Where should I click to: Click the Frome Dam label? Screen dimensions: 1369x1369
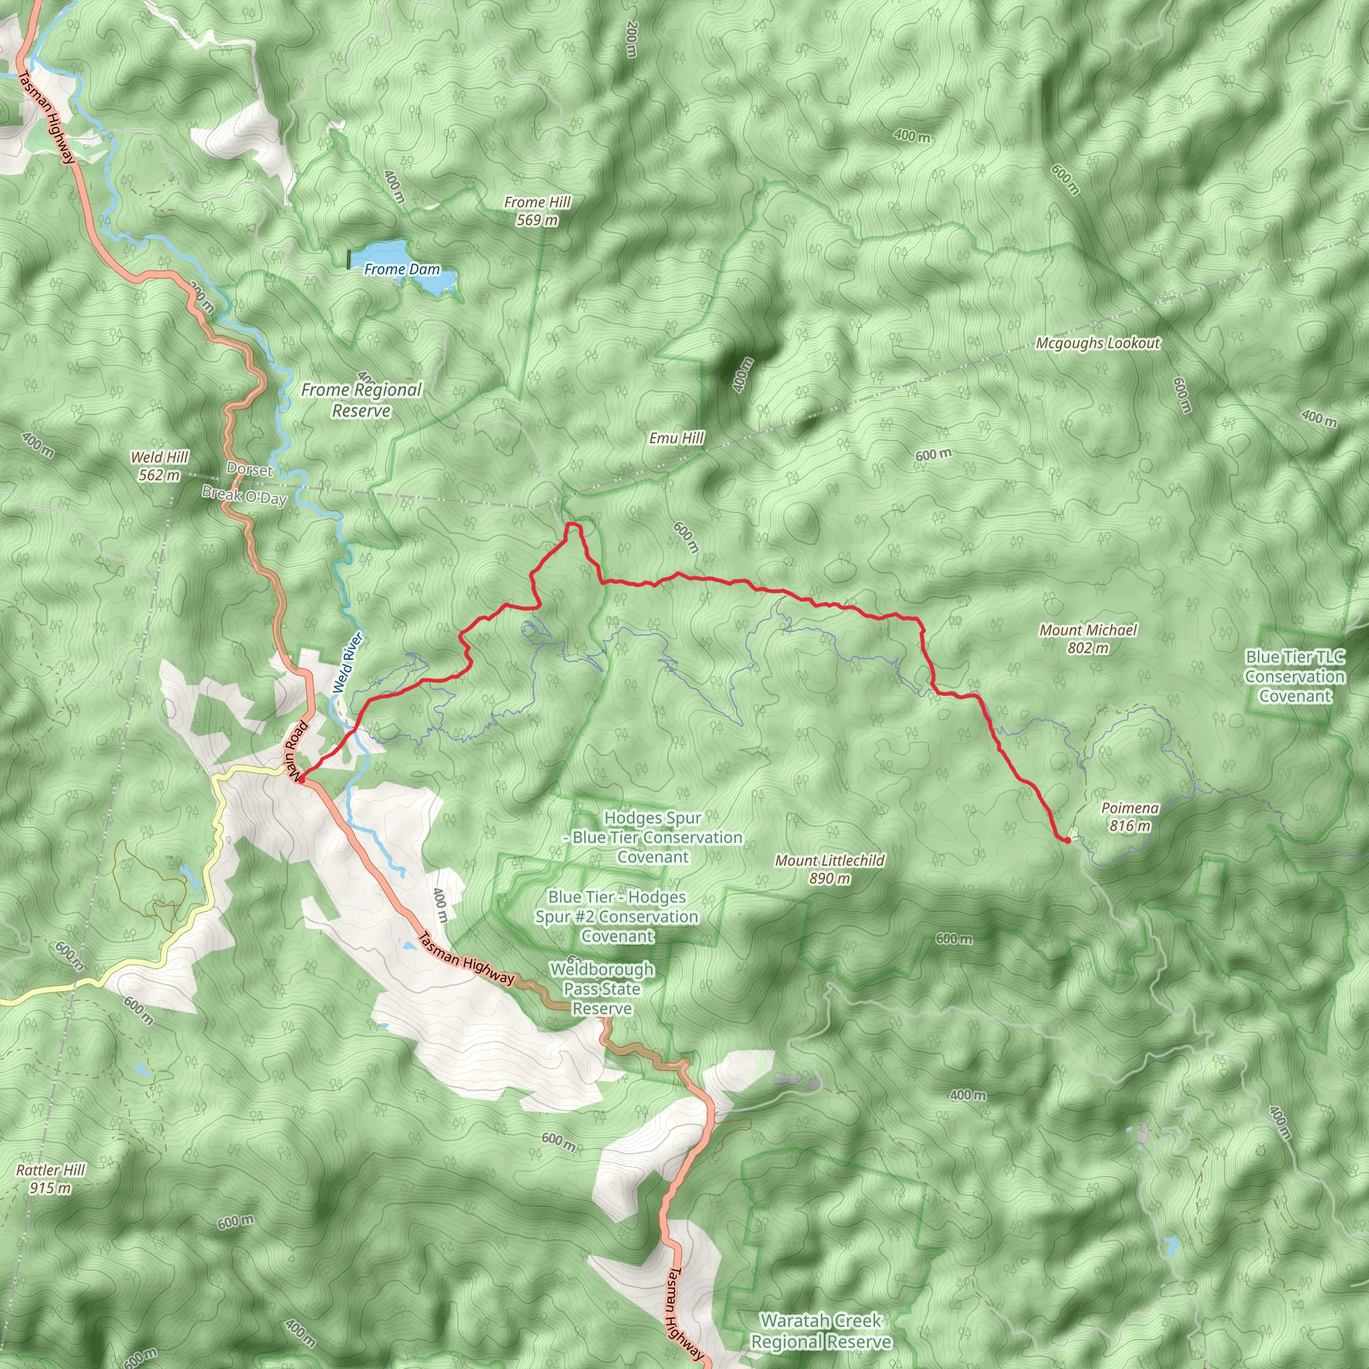(402, 269)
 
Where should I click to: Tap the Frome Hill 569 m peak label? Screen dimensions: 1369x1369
(537, 211)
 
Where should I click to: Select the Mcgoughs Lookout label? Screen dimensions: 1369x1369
(1098, 343)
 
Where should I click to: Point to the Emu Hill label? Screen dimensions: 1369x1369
(676, 438)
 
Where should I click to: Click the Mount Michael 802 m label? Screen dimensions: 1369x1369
(1088, 638)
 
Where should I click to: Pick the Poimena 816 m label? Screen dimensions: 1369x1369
(1130, 816)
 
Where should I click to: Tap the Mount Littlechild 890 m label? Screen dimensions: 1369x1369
(829, 869)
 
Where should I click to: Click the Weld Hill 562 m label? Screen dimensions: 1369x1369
(160, 465)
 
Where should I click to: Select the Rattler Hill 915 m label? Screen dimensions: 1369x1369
(50, 1178)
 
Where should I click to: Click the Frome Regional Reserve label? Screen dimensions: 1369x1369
(361, 400)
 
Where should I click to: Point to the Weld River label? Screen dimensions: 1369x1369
(348, 662)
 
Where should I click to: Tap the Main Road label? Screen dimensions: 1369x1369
(297, 750)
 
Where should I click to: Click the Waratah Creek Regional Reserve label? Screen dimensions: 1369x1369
(821, 1331)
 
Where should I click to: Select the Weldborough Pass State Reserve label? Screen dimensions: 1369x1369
(602, 989)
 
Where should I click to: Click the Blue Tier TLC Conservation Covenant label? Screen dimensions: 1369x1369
(1295, 676)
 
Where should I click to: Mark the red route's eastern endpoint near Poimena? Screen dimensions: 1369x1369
(1066, 840)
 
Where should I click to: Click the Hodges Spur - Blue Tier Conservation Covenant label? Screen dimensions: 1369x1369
(652, 837)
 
